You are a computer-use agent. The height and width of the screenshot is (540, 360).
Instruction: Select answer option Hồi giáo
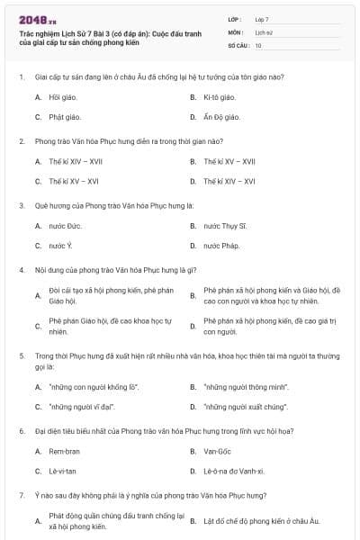(60, 96)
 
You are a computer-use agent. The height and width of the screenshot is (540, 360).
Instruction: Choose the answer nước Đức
(65, 225)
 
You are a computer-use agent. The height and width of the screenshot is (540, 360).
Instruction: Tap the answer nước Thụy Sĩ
(225, 225)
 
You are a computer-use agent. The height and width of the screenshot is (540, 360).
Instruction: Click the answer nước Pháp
(221, 246)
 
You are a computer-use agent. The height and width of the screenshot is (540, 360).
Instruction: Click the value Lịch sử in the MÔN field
(263, 31)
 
